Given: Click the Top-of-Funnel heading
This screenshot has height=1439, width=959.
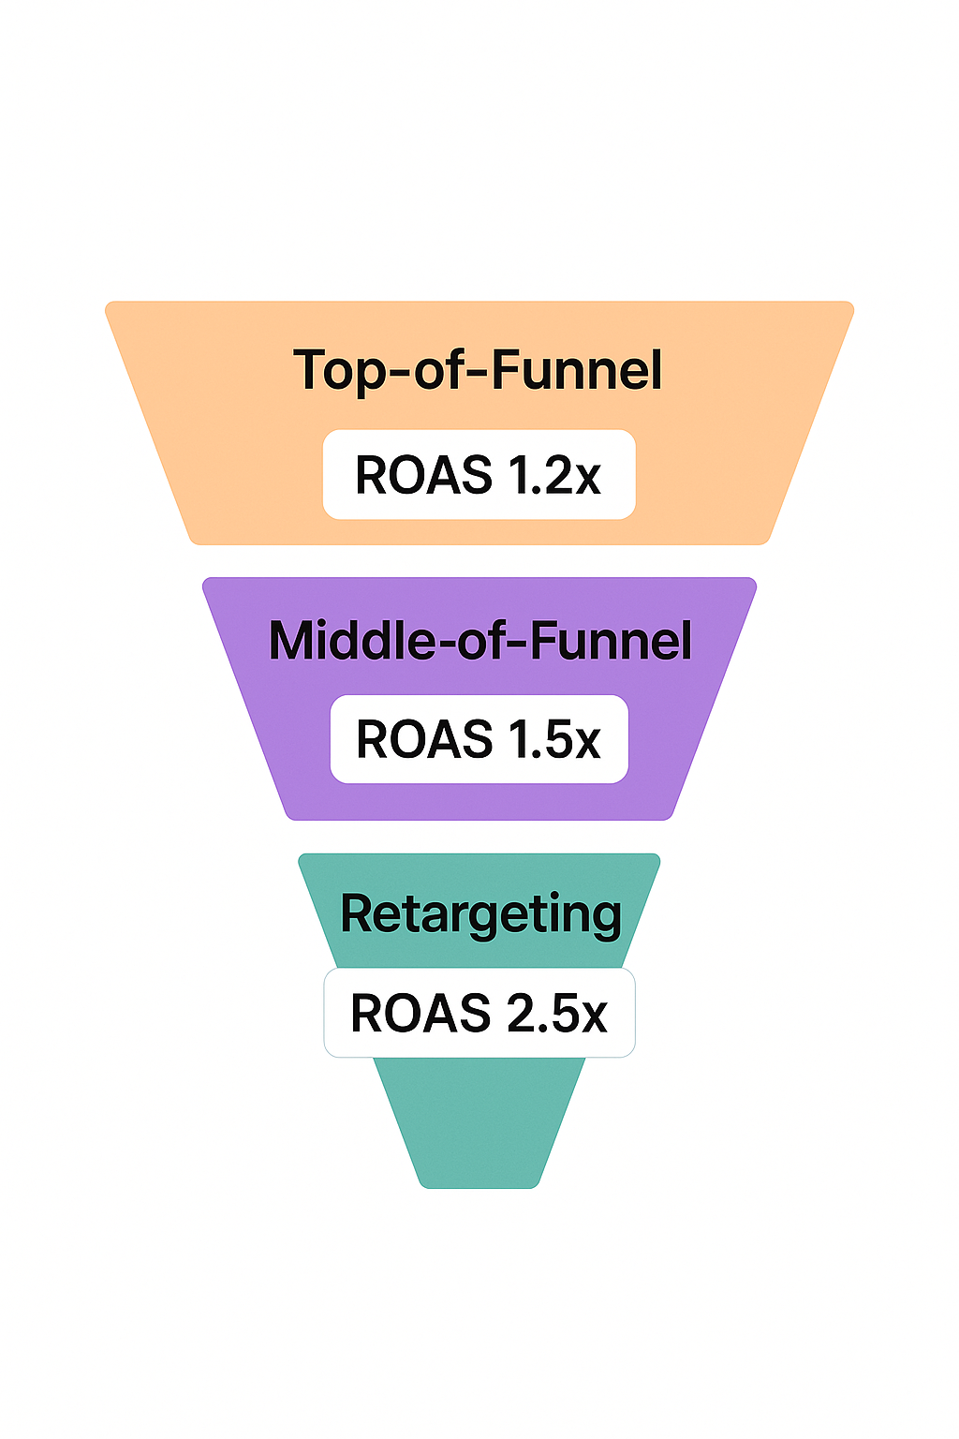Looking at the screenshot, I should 478,370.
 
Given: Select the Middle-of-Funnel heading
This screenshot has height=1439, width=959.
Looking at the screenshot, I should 479,641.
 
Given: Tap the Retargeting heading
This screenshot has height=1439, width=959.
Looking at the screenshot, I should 480,914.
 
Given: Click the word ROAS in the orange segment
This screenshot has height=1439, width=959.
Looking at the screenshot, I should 423,475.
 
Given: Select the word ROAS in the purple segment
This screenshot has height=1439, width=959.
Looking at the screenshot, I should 424,739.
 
